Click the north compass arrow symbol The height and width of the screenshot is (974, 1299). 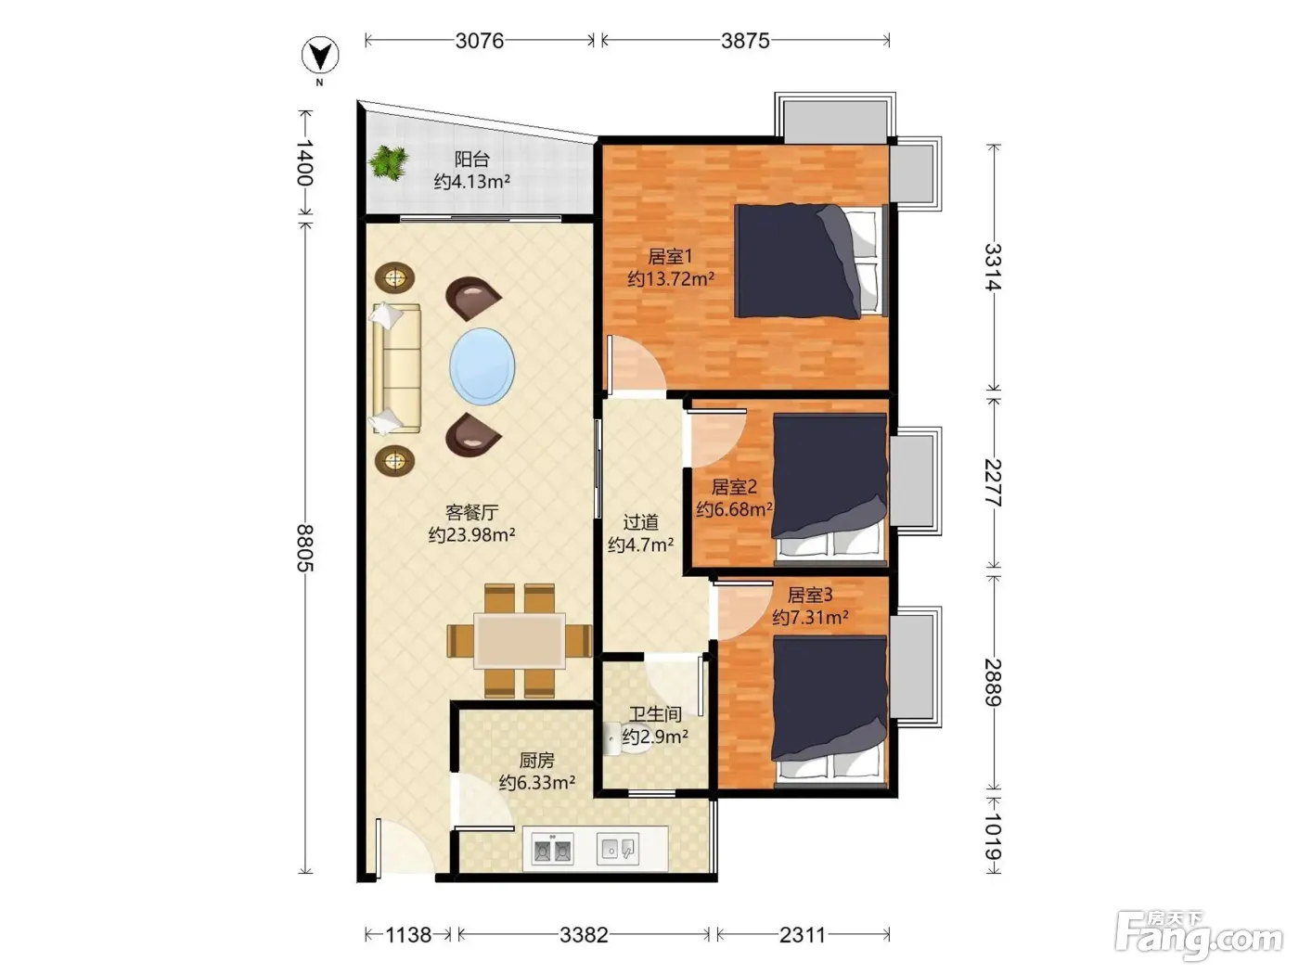point(320,56)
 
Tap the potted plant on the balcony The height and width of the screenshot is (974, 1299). point(388,162)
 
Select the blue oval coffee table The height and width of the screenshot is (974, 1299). point(482,366)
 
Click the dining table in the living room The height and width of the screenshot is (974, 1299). point(520,640)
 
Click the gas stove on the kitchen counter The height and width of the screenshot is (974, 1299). point(552,849)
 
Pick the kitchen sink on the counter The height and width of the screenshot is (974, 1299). point(618,849)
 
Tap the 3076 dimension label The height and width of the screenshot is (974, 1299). point(480,41)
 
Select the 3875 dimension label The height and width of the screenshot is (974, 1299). point(745,41)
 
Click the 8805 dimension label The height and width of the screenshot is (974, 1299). point(304,548)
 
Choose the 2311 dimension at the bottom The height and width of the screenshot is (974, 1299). point(803,935)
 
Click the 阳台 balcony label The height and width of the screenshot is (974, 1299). point(471,159)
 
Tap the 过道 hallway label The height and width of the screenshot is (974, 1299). point(641,522)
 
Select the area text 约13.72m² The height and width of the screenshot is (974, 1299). point(671,278)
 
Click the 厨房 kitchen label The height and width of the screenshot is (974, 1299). point(536,760)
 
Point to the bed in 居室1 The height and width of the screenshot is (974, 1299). point(811,261)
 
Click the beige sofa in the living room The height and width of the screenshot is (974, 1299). point(395,369)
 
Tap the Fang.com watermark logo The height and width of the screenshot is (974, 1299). point(1199,936)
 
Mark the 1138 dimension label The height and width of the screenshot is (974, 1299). point(408,935)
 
